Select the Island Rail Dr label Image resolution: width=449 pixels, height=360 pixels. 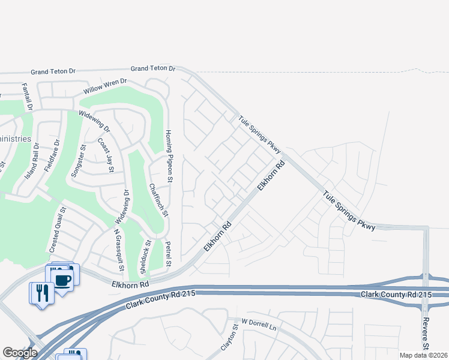coord(32,160)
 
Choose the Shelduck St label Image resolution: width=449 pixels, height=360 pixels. coord(145,257)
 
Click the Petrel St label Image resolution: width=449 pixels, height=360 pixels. coord(169,254)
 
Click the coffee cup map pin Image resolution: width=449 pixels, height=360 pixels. coord(63,278)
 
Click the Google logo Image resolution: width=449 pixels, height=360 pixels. coord(20,352)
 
